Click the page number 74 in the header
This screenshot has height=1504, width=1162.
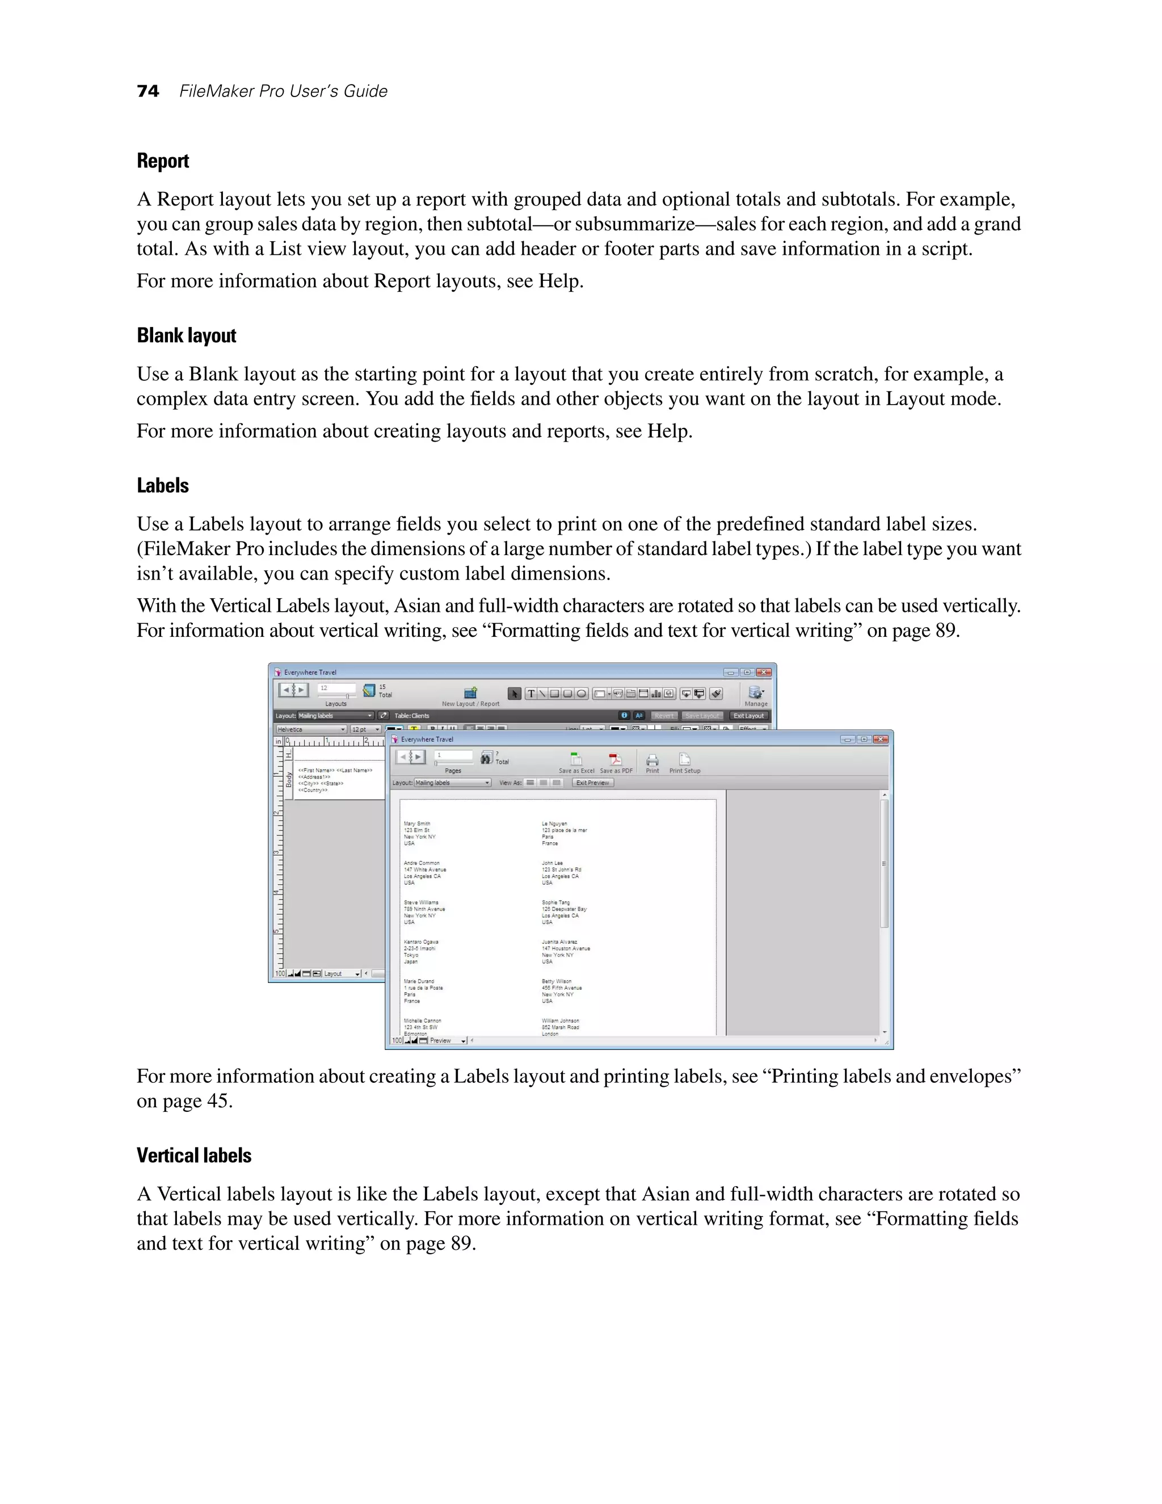(148, 91)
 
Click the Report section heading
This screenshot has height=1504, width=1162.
(162, 161)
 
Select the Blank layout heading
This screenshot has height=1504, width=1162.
(186, 335)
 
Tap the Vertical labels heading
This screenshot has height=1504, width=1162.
(193, 1155)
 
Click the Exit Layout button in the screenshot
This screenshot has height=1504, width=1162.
(748, 716)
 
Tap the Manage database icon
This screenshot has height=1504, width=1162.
(755, 693)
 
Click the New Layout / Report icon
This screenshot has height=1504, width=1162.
(471, 693)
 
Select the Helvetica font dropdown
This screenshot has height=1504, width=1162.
(311, 729)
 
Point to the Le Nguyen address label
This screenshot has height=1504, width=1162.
(563, 833)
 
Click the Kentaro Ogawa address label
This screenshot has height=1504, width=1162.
(420, 951)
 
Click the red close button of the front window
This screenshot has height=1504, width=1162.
(881, 739)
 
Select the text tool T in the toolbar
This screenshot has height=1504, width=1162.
(531, 694)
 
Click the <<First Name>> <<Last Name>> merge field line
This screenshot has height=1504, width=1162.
(335, 770)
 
